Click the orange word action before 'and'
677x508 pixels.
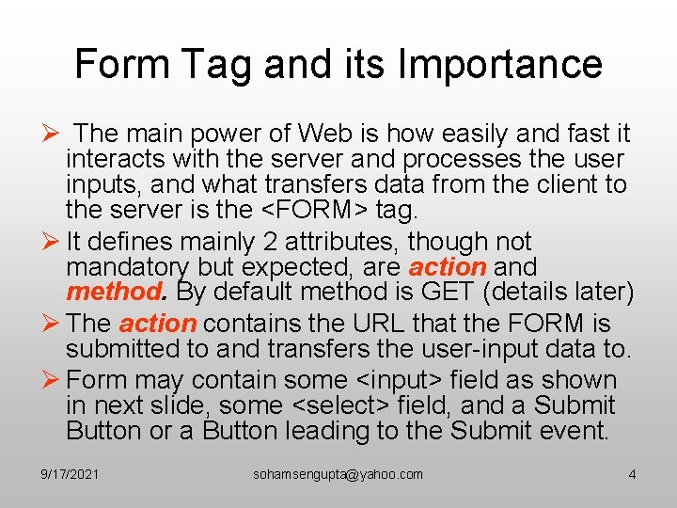pos(448,268)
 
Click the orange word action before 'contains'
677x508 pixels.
pos(157,324)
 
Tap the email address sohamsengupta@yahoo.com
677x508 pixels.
pos(338,474)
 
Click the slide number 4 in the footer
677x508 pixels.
pos(632,474)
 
